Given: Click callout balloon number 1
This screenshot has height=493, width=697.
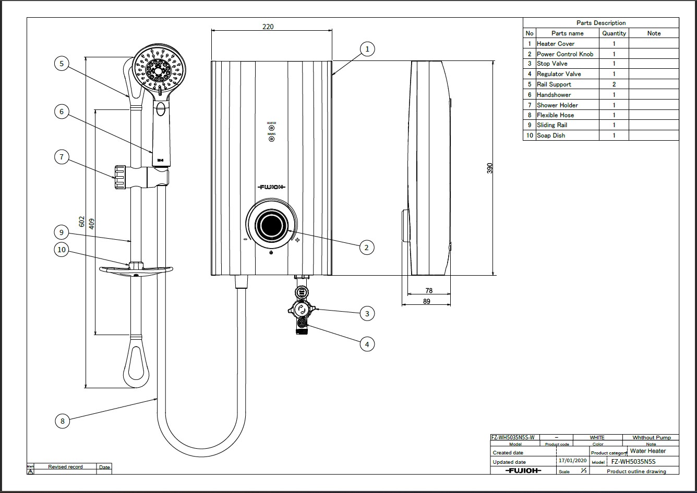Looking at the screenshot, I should coord(367,49).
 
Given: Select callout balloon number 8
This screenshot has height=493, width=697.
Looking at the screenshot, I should coord(62,421).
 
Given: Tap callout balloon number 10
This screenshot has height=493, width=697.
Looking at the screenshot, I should coord(62,250).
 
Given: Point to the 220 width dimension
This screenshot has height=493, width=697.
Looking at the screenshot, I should coord(268,27).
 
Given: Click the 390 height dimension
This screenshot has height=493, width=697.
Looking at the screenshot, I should coord(490,168).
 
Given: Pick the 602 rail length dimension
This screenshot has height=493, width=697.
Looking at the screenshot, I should coord(81,221).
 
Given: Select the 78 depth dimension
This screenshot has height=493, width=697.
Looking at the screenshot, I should coord(429,291).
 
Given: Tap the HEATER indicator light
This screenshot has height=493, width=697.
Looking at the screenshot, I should coord(271,128).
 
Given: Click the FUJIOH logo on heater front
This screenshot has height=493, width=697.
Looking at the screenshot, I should coord(271,187).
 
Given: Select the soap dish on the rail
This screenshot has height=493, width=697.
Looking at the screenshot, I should coord(136,269).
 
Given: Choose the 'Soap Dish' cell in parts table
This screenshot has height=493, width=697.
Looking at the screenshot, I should coord(551,135).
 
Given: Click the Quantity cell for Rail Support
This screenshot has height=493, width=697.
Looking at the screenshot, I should coord(614,84).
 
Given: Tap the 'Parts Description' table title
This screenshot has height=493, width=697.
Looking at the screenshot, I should coord(600,23).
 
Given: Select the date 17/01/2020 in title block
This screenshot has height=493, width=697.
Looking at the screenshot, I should coord(572,461).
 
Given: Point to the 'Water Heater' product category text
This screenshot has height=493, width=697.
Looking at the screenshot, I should coord(647,451).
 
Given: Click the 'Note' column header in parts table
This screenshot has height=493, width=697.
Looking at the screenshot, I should coord(653,33).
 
